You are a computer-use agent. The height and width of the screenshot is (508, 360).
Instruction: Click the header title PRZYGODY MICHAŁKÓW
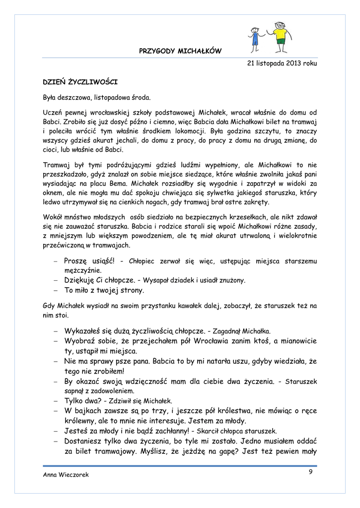[x=180, y=51]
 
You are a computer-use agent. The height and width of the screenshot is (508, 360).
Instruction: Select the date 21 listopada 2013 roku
[x=282, y=63]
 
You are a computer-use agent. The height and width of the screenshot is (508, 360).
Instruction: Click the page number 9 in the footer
[x=310, y=472]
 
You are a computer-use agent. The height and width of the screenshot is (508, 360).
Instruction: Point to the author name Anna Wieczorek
[x=66, y=475]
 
